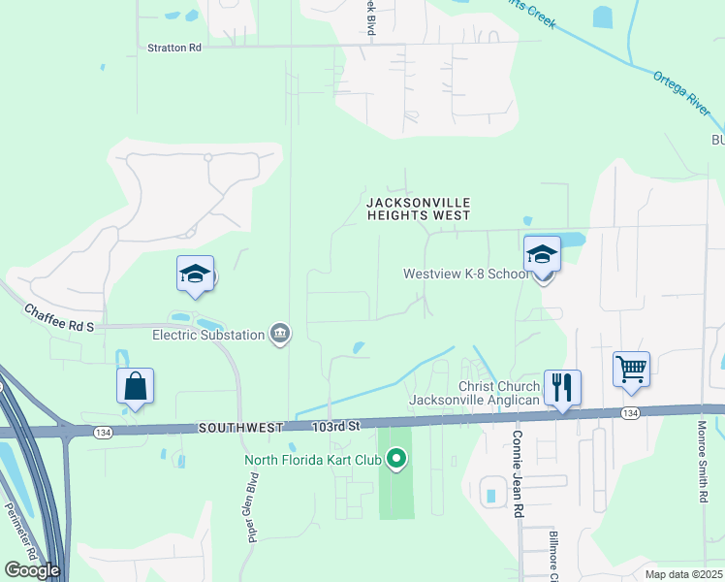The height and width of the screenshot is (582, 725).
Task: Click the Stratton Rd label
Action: point(174,47)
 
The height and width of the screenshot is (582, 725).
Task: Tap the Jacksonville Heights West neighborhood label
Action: point(419,209)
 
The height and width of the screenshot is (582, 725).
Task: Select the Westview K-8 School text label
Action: point(466,275)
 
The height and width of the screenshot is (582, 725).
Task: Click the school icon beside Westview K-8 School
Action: point(542,254)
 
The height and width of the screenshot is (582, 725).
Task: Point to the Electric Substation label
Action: point(208,335)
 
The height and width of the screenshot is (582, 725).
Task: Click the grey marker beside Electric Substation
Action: point(280,335)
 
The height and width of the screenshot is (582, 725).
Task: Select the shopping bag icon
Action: point(136,386)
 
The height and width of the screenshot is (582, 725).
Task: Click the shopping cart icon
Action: point(631,369)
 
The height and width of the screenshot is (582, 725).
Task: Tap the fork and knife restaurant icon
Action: point(562,387)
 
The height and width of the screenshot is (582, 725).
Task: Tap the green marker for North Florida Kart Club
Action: point(395,460)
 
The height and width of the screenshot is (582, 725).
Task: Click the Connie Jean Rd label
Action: point(518,474)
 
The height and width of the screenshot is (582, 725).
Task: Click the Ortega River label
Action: point(680,93)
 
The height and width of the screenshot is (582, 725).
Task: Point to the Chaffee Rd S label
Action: point(58,317)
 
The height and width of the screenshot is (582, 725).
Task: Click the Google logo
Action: point(32,569)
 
